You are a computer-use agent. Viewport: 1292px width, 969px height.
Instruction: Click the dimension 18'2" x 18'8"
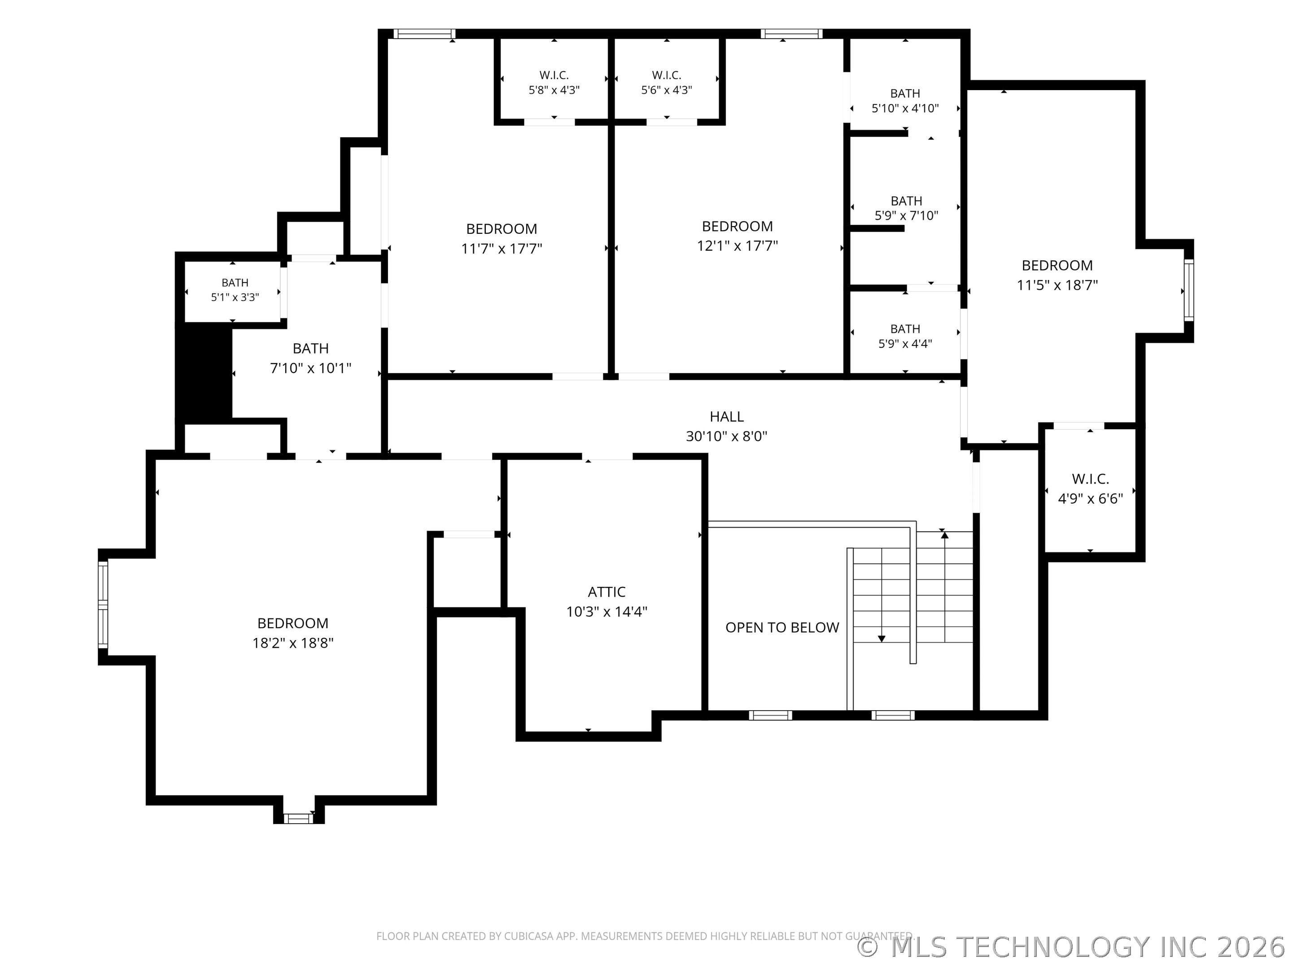click(x=292, y=643)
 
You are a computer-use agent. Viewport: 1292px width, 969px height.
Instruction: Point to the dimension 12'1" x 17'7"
click(x=737, y=246)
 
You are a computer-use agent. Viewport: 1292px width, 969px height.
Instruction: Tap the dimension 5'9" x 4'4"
click(x=905, y=344)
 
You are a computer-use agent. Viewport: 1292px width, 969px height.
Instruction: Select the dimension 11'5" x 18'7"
click(x=1057, y=285)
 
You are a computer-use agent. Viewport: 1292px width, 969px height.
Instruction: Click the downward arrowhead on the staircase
click(x=882, y=639)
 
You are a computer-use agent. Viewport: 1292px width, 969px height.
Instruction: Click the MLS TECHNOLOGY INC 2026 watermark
click(x=1072, y=947)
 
